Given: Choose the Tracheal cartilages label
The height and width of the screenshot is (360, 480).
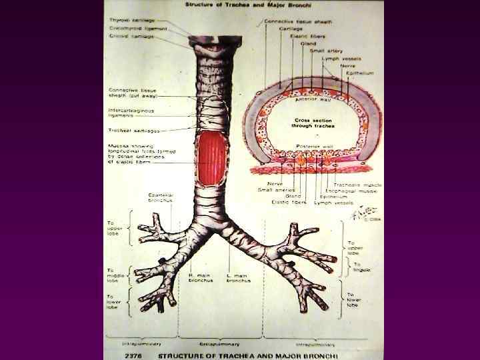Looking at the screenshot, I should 134,131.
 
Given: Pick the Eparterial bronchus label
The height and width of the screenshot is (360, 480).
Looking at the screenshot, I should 160,197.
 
